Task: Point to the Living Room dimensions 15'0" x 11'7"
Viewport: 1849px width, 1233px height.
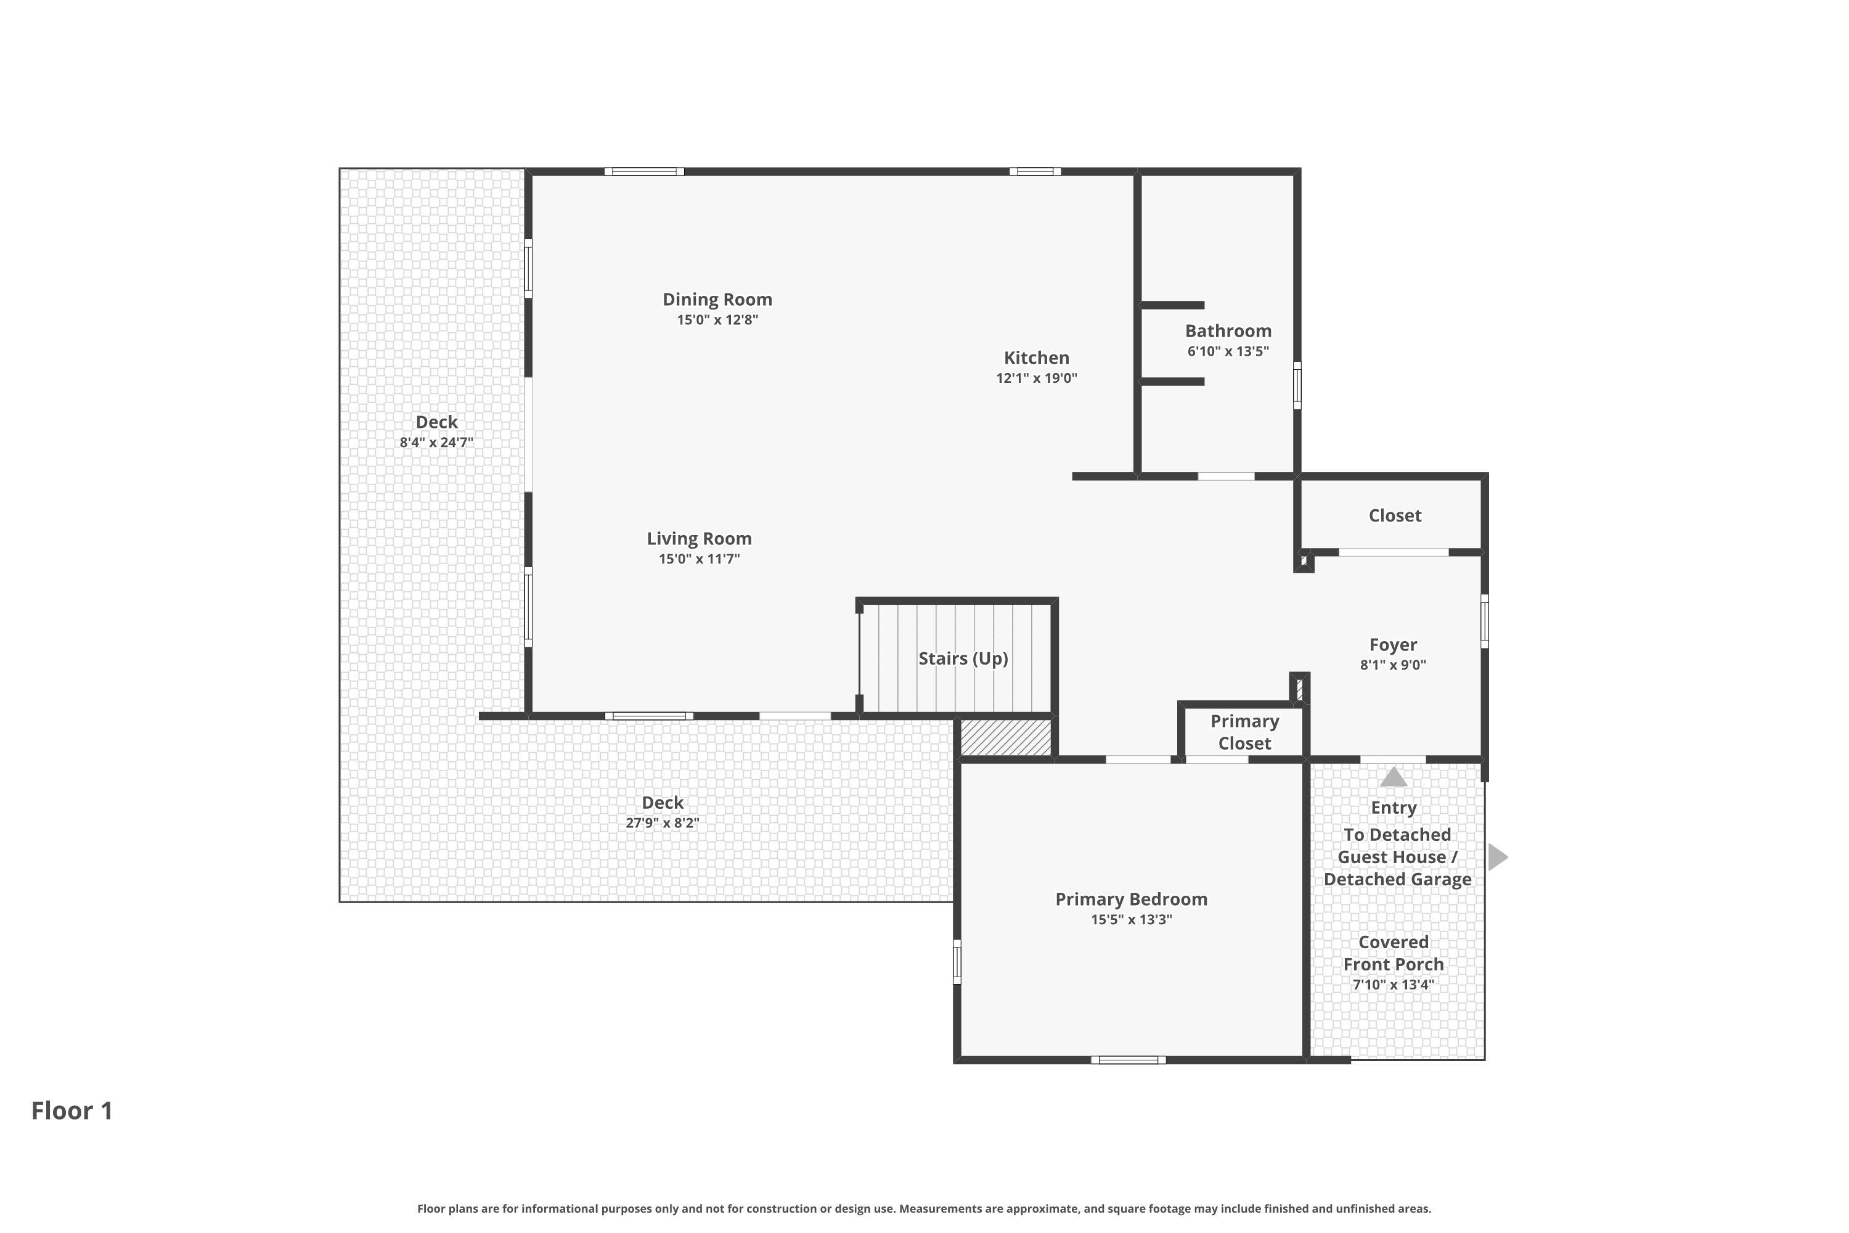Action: [x=699, y=559]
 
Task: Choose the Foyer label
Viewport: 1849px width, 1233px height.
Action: [x=1393, y=645]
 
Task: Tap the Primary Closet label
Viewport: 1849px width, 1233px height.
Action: [x=1244, y=732]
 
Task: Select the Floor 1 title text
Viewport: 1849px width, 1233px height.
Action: [x=72, y=1110]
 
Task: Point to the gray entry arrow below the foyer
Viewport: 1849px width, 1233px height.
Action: [x=1393, y=777]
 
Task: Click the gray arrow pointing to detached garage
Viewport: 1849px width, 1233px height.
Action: [x=1498, y=857]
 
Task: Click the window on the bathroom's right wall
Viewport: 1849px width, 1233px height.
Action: [x=1297, y=385]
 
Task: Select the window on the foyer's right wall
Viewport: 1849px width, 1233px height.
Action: [x=1484, y=621]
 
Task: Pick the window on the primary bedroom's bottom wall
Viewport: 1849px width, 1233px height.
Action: [x=1128, y=1060]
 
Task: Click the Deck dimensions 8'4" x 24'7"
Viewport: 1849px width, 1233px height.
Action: [x=436, y=443]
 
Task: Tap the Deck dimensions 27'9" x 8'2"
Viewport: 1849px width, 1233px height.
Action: [x=662, y=823]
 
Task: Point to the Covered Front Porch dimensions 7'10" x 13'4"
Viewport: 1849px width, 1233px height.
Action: [x=1393, y=985]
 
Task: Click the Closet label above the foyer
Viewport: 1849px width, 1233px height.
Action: [x=1395, y=516]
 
